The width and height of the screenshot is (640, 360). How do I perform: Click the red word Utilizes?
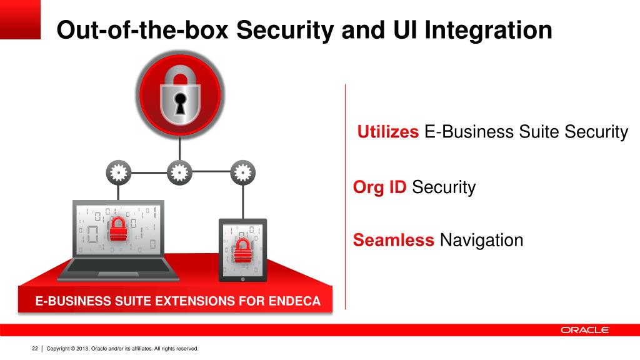388,132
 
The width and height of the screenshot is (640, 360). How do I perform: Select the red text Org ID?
380,187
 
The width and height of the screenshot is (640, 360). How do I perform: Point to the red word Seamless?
394,240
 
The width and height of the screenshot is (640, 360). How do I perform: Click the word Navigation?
481,240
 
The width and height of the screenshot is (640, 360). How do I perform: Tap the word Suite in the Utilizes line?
538,132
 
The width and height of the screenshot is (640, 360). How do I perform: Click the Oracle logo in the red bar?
584,330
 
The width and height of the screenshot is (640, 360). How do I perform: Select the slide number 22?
35,348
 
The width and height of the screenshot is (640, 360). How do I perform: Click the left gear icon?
118,172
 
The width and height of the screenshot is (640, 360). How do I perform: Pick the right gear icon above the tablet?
242,172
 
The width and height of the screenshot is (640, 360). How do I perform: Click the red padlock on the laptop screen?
117,229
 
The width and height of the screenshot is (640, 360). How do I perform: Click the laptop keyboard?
122,267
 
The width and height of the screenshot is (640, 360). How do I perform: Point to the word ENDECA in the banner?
294,301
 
